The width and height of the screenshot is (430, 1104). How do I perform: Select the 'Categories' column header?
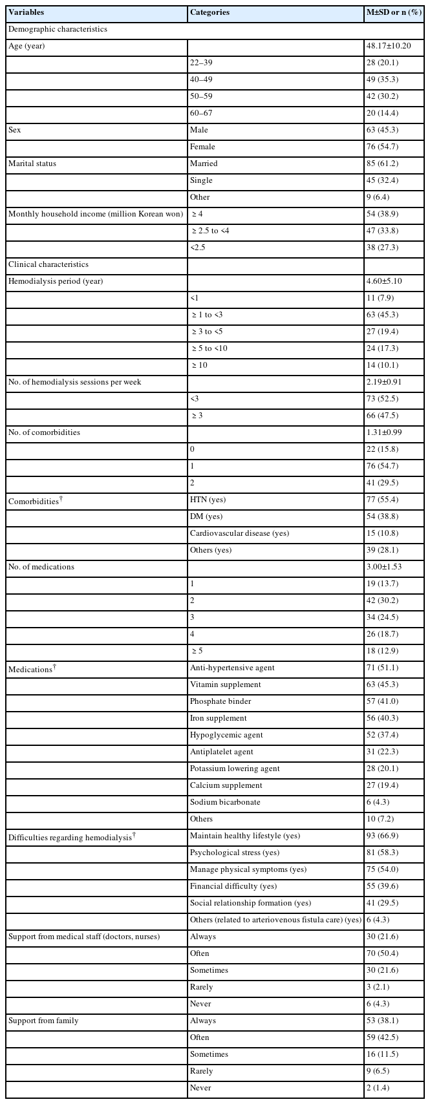tap(210, 12)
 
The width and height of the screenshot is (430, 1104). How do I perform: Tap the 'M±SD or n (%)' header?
tap(393, 12)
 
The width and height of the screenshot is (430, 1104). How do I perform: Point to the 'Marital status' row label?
tap(32, 164)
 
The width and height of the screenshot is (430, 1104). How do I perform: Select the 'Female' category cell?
tap(202, 147)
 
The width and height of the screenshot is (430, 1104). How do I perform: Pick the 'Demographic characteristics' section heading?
tap(58, 29)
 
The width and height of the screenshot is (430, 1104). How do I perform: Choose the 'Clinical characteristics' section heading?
tap(48, 264)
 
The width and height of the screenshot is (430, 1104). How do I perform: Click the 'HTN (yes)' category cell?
tap(208, 500)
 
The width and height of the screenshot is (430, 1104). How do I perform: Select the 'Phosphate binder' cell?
tap(220, 701)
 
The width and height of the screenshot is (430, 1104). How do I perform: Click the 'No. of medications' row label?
tap(41, 567)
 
